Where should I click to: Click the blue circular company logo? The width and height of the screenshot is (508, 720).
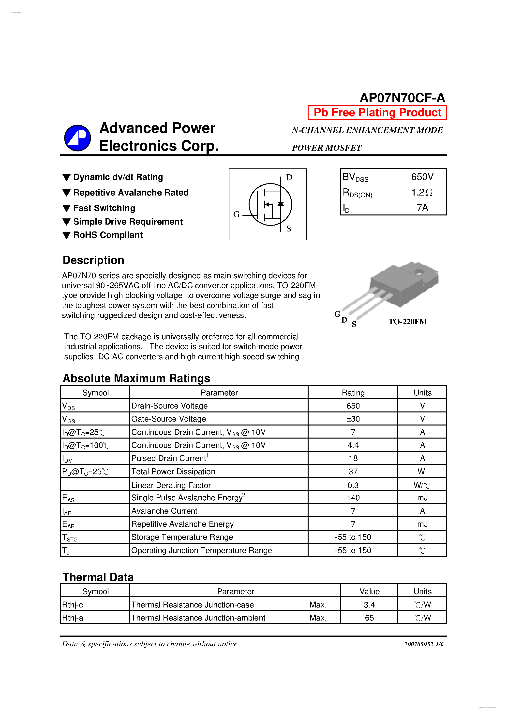pos(77,138)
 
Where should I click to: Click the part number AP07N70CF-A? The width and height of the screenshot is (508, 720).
pos(402,98)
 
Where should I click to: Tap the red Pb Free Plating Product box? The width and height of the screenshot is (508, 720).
pos(377,112)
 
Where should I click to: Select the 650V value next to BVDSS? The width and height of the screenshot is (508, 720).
pos(422,177)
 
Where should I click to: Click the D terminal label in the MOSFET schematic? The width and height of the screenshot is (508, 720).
pos(289,178)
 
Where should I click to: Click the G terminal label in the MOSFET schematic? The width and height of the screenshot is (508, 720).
pos(236,214)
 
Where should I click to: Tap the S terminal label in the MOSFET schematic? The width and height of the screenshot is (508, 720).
pos(288,229)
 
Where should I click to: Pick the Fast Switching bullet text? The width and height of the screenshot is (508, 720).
pos(104,208)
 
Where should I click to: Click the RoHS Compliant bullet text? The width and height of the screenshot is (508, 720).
pos(108,235)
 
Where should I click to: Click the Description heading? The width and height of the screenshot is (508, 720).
pos(93,260)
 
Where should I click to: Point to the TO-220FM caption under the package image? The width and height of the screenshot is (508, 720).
pos(407,322)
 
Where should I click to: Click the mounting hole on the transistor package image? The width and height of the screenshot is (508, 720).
pos(418,272)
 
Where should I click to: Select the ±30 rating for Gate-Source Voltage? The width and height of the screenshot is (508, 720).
pos(353,419)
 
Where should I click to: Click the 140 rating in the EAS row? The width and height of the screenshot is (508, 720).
pos(353,498)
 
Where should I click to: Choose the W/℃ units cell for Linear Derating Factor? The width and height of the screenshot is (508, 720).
pos(422,485)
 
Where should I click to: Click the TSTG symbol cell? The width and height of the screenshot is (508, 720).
pos(70,538)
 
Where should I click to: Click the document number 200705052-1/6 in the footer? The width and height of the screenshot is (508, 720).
pos(423,644)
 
